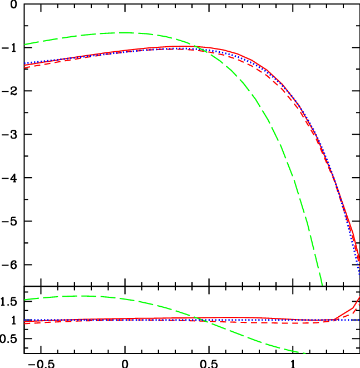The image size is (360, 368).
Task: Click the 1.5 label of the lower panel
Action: pos(11,302)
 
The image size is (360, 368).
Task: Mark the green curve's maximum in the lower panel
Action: pos(83,296)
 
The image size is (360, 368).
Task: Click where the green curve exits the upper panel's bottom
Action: pos(322,286)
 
